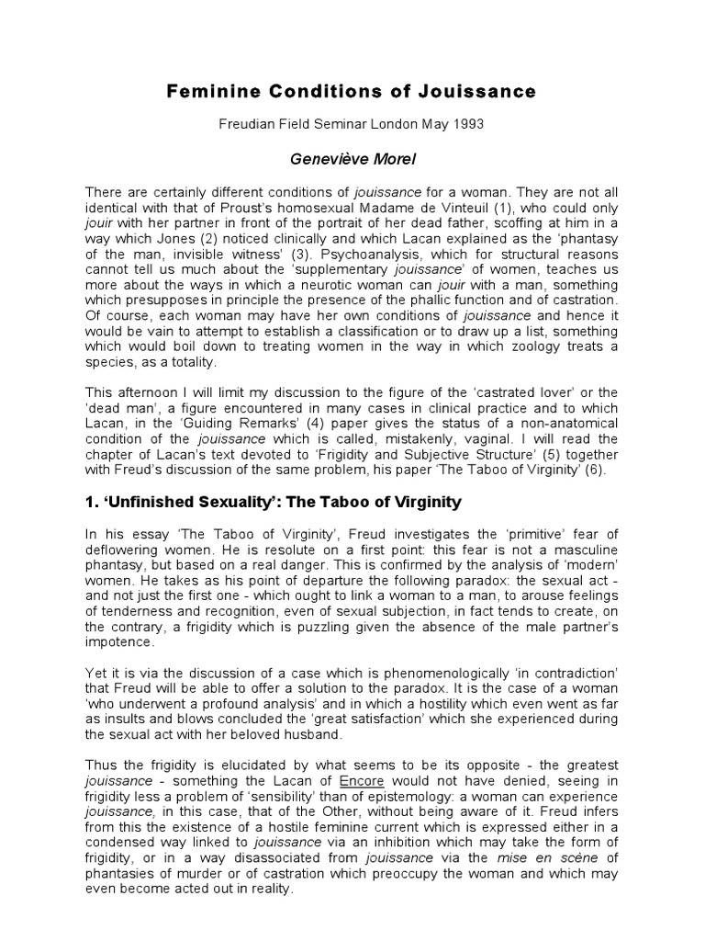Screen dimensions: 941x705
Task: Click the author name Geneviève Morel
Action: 352,160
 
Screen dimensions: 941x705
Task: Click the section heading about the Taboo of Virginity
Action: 274,503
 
